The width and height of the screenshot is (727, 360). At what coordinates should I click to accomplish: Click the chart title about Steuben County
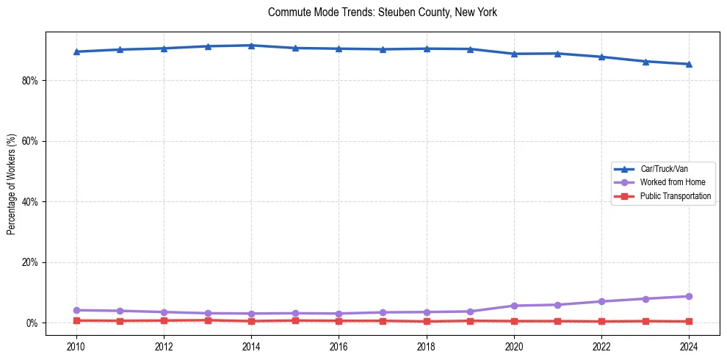383,12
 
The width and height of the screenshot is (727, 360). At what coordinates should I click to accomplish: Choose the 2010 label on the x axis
76,347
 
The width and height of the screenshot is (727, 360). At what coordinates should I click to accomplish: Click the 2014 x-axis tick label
251,347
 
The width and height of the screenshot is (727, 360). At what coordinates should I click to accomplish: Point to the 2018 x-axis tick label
427,347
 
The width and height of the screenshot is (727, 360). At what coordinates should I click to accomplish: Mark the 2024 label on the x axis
689,347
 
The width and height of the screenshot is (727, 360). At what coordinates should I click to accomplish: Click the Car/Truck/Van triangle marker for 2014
251,46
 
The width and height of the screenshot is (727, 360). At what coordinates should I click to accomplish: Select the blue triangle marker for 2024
689,64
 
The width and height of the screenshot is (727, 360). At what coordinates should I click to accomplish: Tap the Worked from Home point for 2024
689,297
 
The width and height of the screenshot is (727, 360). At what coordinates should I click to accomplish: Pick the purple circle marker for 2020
514,306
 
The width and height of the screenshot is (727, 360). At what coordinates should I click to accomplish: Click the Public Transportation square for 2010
76,320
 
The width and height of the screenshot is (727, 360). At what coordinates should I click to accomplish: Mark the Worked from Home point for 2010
76,310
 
